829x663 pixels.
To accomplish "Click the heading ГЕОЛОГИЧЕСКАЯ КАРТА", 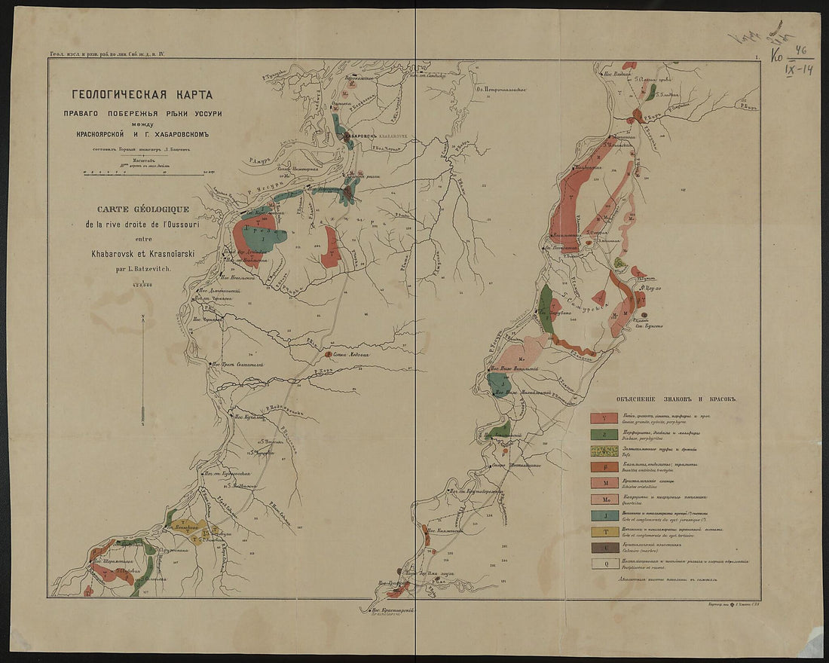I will [142, 95].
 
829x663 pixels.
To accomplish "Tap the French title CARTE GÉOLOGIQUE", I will [142, 209].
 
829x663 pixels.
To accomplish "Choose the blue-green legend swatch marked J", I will [604, 515].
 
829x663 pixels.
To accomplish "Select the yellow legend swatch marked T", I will [604, 532].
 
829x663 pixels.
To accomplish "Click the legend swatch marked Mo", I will [604, 499].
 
